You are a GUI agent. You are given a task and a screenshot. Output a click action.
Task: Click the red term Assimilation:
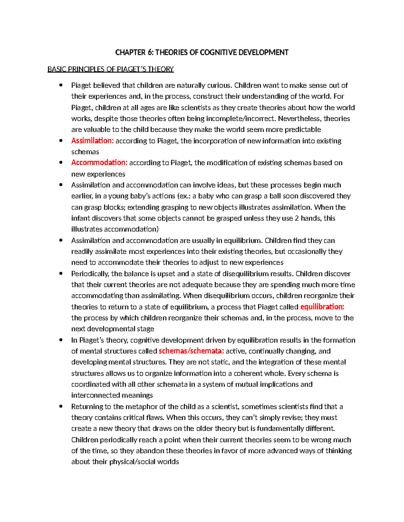93,141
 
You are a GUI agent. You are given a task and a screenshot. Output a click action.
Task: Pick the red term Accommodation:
99,163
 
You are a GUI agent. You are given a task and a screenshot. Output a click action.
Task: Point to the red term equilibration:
322,307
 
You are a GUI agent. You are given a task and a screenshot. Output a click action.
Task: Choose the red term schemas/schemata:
191,351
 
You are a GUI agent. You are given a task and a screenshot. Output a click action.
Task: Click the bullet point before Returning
61,406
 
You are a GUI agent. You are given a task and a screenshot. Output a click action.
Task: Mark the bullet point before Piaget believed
61,85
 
